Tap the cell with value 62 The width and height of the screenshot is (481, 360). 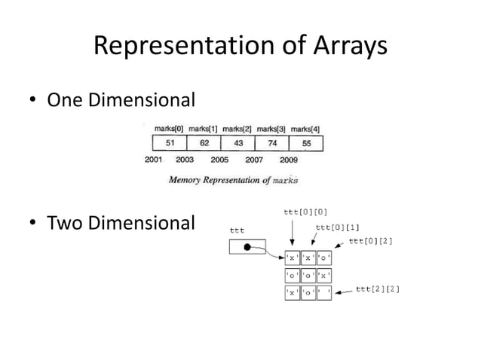[204, 143]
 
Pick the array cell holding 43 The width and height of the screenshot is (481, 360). [237, 143]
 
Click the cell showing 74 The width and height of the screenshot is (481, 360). [271, 143]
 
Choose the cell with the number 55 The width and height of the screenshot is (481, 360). [305, 143]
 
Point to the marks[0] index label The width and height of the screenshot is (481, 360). [169, 129]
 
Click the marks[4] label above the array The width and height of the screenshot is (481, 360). [305, 129]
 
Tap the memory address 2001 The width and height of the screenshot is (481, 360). [154, 160]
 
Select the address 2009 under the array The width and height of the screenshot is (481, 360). [288, 160]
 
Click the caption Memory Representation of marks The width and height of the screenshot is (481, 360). [233, 180]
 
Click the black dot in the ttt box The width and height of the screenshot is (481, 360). [247, 247]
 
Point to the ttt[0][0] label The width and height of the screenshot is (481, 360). [305, 212]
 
